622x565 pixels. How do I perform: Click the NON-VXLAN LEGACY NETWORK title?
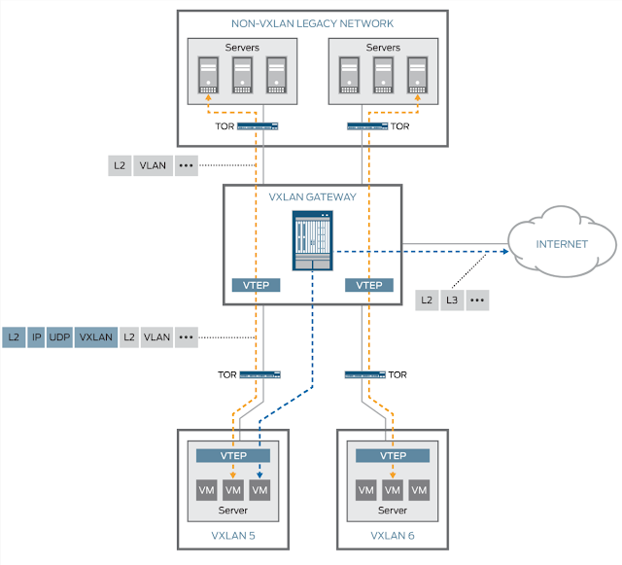[x=312, y=22]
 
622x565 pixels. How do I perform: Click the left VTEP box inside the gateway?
[x=257, y=285]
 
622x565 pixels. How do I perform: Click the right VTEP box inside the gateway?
[x=369, y=285]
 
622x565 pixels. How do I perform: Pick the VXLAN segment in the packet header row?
[x=96, y=337]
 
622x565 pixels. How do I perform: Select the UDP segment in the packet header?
[x=60, y=337]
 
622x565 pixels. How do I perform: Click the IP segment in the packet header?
[x=36, y=337]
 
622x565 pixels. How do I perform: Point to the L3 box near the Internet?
[x=450, y=300]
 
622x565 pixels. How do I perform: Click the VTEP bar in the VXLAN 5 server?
[x=234, y=455]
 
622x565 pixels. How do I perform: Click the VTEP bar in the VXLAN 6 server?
[x=393, y=455]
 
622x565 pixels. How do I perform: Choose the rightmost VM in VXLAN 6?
[x=420, y=488]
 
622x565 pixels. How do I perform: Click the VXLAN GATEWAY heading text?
[x=312, y=196]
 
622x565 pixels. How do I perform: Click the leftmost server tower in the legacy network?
[x=208, y=75]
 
